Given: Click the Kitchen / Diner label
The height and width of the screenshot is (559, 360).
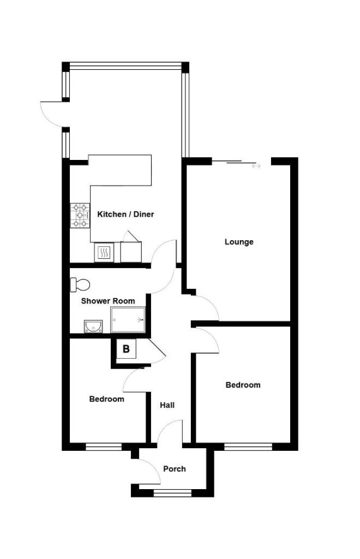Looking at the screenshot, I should click(125, 215).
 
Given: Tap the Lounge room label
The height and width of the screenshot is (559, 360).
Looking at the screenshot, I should click(239, 242).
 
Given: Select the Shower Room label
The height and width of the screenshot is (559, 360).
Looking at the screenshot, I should click(108, 301).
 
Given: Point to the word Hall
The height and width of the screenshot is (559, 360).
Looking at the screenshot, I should click(167, 406).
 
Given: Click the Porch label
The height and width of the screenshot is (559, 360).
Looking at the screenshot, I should click(175, 469).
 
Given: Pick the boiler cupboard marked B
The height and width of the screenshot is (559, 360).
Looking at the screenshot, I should click(126, 349).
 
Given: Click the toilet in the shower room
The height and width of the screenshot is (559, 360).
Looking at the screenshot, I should click(81, 284).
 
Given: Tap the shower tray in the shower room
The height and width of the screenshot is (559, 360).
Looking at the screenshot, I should click(129, 319).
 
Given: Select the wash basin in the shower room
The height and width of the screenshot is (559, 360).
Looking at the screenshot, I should click(93, 326).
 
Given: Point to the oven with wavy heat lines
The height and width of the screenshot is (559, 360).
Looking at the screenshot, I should click(104, 252).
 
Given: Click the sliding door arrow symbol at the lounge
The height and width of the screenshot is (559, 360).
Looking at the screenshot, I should click(256, 166).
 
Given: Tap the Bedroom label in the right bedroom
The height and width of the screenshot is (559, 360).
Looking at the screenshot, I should click(243, 385).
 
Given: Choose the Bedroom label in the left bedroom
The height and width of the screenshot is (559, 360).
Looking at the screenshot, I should click(107, 399).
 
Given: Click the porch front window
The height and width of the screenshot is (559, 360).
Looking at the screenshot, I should click(172, 493).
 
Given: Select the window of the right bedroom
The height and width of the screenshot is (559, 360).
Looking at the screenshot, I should click(248, 447).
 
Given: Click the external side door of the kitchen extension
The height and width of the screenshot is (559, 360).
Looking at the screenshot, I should click(52, 114).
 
